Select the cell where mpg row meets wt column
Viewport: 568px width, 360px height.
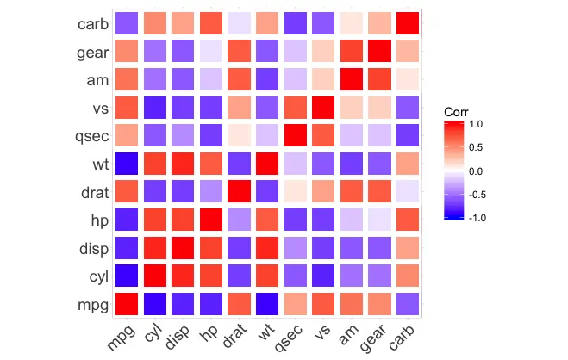268,304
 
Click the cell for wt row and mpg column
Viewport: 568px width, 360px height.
127,164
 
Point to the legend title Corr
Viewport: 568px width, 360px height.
456,113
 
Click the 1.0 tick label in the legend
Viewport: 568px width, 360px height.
478,124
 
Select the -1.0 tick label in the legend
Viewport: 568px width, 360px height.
477,218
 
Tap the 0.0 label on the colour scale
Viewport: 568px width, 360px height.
478,171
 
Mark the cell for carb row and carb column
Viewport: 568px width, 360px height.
409,24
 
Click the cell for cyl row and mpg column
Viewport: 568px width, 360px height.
127,276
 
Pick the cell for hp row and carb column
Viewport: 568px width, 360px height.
409,220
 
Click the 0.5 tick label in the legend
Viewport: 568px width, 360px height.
478,147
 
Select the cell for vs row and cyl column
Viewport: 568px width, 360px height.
155,109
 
